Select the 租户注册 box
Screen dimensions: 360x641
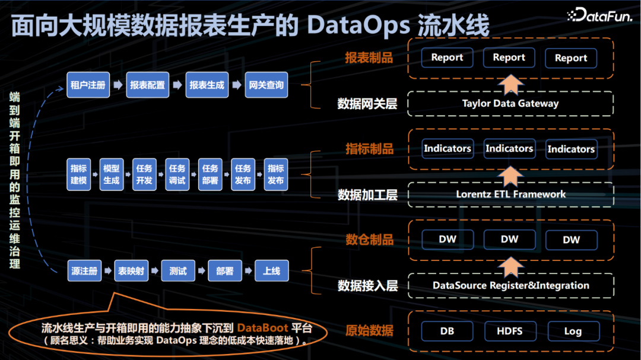tap(88, 85)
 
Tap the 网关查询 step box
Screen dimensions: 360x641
tap(265, 85)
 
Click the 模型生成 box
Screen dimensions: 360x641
tap(111, 174)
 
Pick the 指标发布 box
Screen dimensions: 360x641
tap(275, 174)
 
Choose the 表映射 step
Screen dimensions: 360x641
tap(131, 271)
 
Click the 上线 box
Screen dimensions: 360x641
tap(271, 271)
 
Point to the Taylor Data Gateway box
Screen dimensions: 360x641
tap(510, 103)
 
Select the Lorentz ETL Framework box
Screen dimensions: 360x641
tap(510, 194)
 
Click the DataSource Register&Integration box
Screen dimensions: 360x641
tap(510, 285)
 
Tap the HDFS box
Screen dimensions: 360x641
tap(510, 331)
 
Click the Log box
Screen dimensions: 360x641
tap(572, 331)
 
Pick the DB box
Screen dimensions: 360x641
tap(447, 331)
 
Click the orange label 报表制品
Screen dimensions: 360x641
tap(369, 58)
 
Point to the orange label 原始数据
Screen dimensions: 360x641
tap(369, 331)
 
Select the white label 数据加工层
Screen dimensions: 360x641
tap(367, 195)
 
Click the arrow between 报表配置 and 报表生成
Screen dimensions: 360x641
tap(177, 85)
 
